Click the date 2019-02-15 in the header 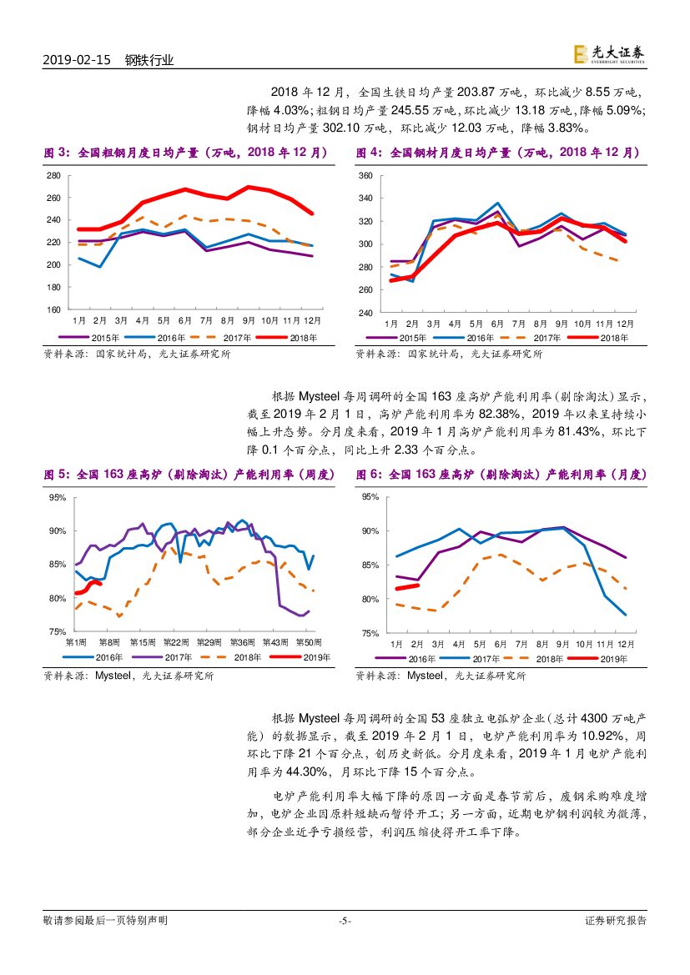click(x=76, y=60)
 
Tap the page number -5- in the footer click(x=345, y=921)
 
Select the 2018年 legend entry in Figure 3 click(x=288, y=338)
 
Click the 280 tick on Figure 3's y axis click(x=54, y=175)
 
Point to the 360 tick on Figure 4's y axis click(x=365, y=176)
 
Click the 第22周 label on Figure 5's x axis click(x=176, y=642)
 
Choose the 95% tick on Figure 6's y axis click(x=370, y=497)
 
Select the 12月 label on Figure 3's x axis click(x=312, y=320)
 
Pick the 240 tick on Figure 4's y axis click(x=365, y=313)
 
